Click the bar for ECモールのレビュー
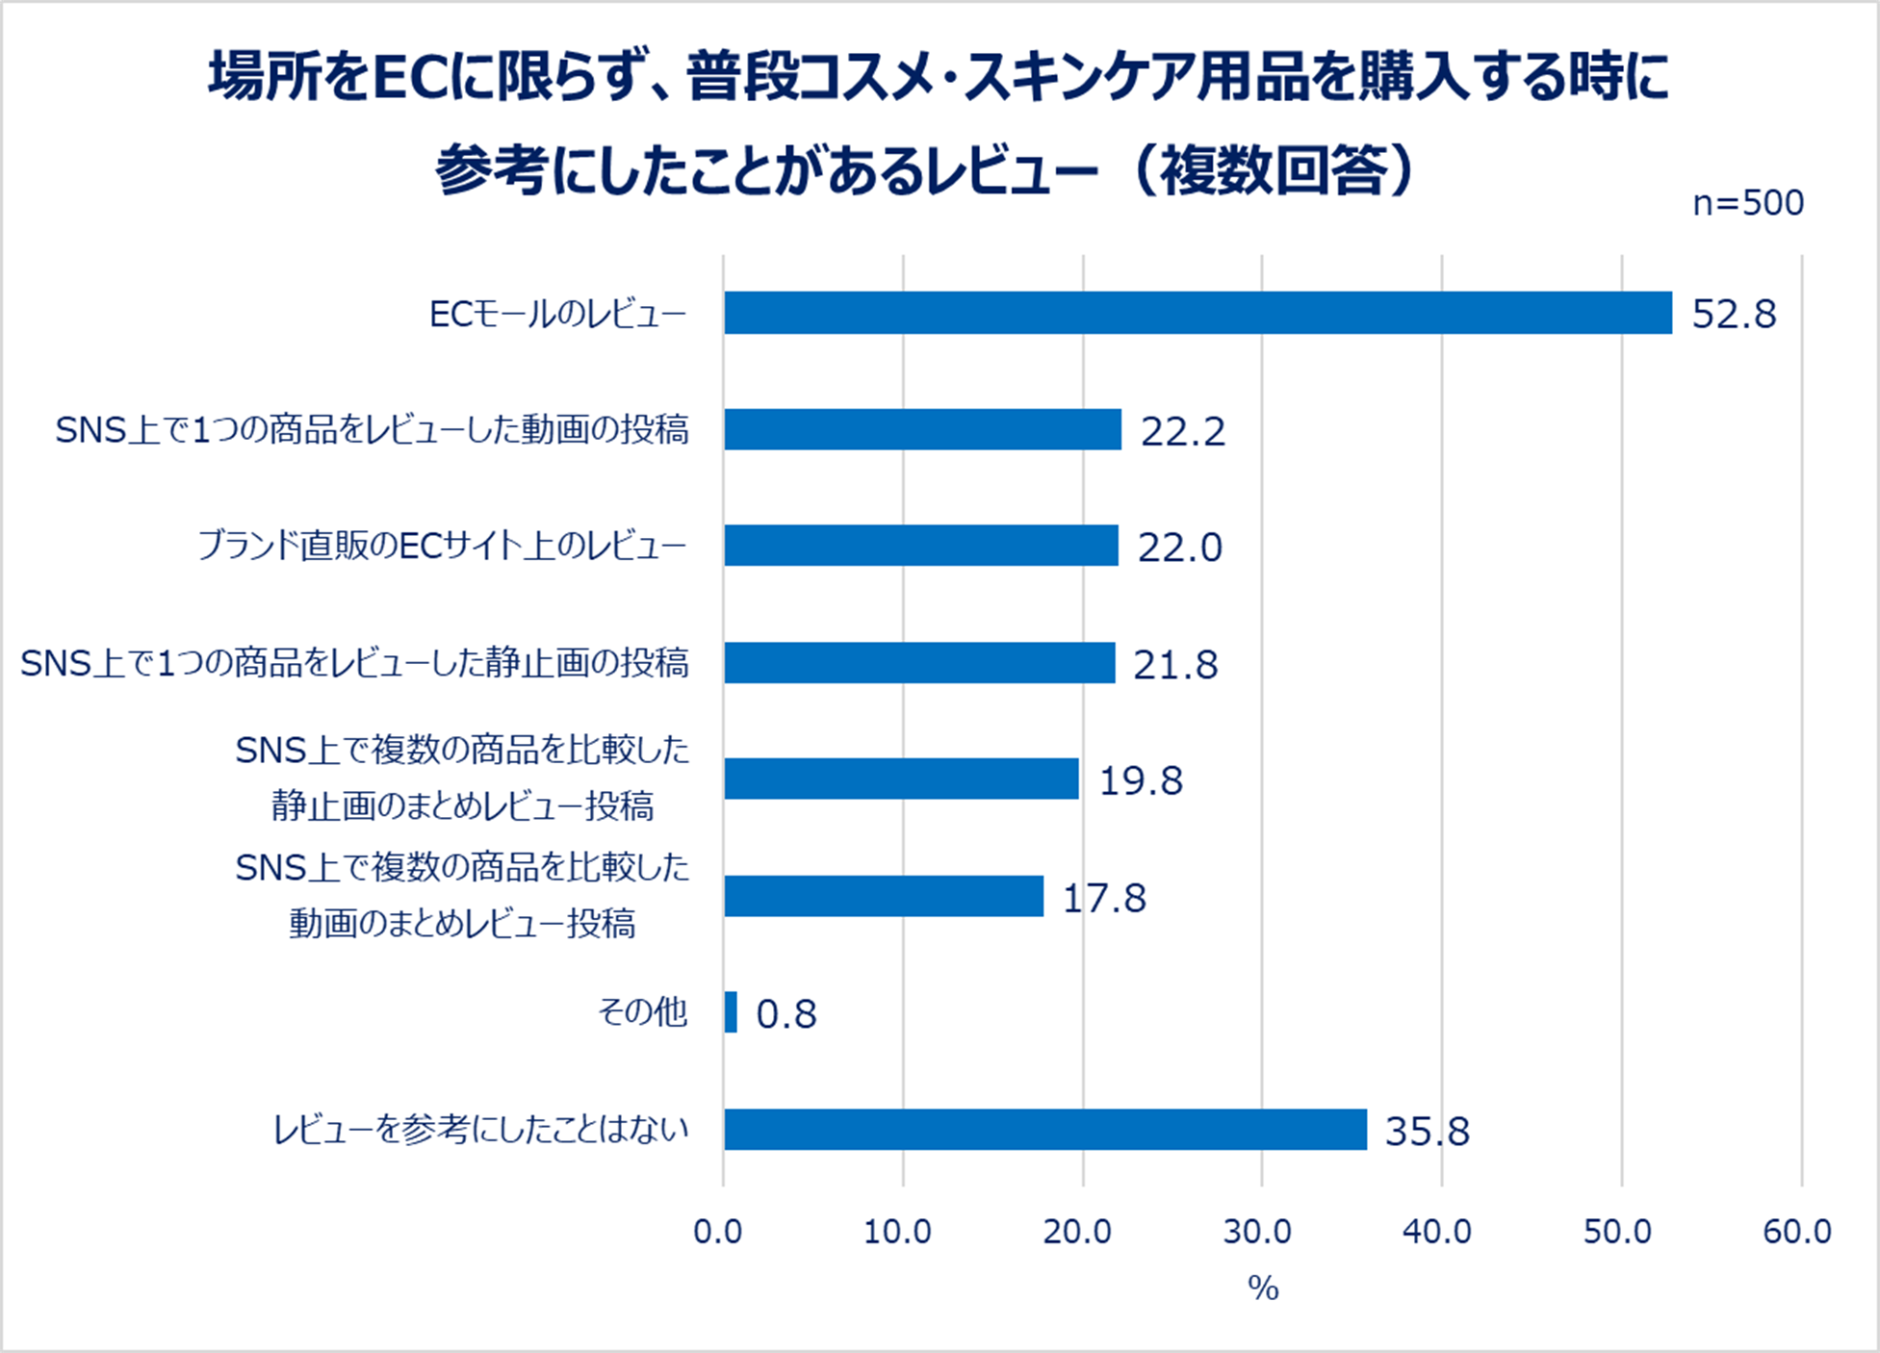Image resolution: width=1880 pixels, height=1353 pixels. click(x=1198, y=313)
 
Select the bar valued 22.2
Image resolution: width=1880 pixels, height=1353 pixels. click(x=922, y=429)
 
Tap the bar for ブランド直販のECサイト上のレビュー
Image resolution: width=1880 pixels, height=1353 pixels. click(x=920, y=546)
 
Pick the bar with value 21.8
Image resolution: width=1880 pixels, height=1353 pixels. click(x=919, y=663)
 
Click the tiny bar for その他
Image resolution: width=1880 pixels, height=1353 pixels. click(x=731, y=1012)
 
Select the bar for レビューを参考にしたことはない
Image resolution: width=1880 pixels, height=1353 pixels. click(x=1044, y=1130)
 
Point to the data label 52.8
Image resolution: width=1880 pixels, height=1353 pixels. click(x=1734, y=315)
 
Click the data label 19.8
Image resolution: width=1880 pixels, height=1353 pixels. click(x=1141, y=781)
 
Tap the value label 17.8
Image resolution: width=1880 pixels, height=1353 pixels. click(x=1104, y=899)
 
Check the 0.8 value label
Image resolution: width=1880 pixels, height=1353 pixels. click(x=786, y=1014)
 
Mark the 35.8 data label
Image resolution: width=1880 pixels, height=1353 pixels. click(x=1427, y=1132)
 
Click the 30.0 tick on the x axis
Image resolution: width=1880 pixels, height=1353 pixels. click(x=1257, y=1232)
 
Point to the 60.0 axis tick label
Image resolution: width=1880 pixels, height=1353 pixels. click(x=1797, y=1232)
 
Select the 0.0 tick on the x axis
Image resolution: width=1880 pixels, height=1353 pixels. click(x=718, y=1232)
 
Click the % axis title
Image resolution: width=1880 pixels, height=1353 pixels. click(x=1263, y=1288)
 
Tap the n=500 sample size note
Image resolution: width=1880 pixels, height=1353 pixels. click(x=1748, y=203)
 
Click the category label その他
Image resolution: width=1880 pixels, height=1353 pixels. click(x=642, y=1012)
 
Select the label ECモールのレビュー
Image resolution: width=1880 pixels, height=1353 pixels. click(x=557, y=314)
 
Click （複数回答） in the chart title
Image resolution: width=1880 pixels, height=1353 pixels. click(x=1276, y=171)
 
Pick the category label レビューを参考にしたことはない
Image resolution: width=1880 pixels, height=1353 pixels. click(x=481, y=1130)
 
